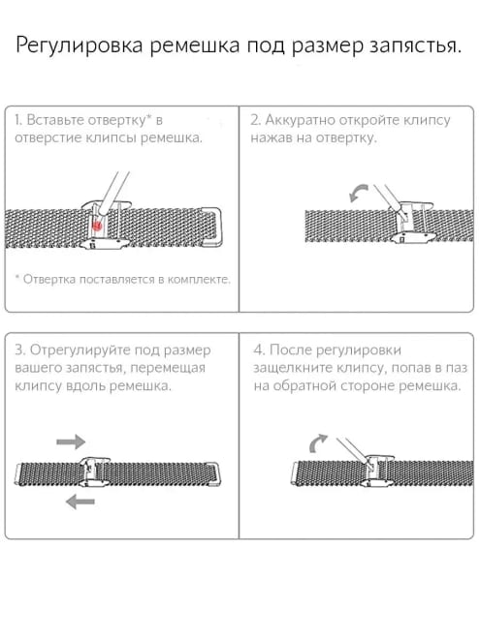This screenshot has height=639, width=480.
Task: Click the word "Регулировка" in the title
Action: (80, 46)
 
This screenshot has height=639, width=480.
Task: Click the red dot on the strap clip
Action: (97, 225)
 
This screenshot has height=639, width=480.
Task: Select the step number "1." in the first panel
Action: (18, 120)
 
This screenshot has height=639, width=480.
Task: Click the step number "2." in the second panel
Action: (255, 120)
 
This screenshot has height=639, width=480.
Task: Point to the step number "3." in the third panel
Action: (20, 350)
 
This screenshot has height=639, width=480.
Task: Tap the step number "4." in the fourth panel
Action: (259, 350)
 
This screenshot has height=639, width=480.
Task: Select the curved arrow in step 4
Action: (316, 441)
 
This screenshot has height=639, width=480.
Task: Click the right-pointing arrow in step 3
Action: (71, 441)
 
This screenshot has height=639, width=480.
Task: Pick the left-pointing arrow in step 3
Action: (80, 502)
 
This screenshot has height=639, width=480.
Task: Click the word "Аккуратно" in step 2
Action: (300, 121)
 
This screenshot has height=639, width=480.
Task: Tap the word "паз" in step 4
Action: (456, 369)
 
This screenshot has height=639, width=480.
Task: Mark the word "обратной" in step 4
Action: (303, 386)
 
